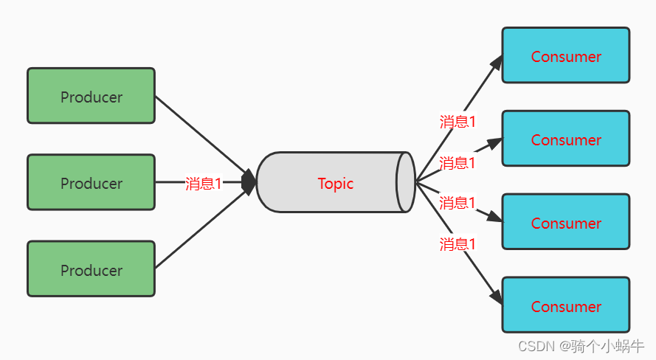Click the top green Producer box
[91, 96]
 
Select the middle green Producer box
[91, 182]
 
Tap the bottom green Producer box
[91, 269]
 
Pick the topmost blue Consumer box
[565, 55]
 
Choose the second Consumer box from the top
[565, 139]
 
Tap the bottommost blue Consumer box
[565, 305]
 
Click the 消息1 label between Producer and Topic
[203, 184]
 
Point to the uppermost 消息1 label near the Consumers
[458, 122]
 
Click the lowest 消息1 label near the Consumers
[458, 244]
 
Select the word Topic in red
[336, 184]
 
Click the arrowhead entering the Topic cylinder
[250, 182]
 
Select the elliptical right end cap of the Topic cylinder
[405, 182]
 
